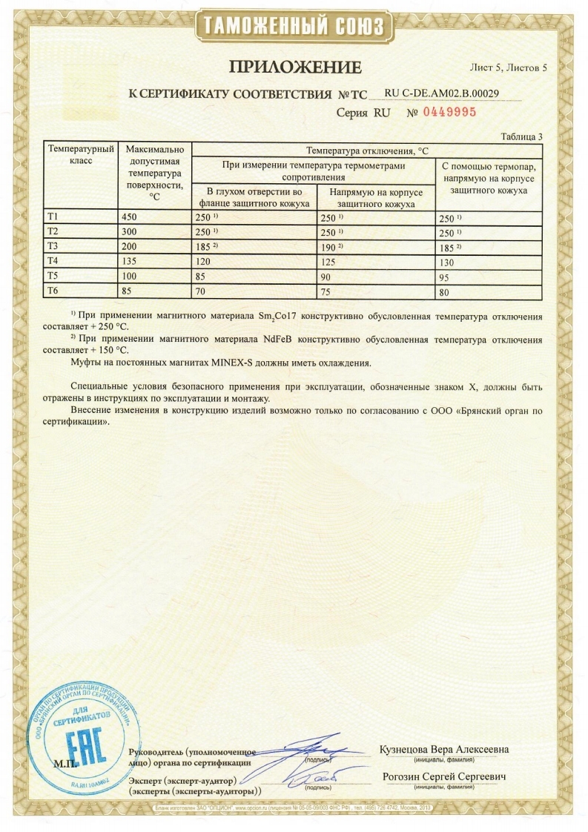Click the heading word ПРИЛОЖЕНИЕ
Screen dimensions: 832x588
coord(294,67)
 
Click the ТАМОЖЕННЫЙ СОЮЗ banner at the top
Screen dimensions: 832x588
coord(294,27)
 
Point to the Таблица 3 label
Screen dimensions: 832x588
coord(522,136)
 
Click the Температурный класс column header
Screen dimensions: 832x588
coord(80,154)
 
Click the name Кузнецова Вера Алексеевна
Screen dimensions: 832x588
coord(443,749)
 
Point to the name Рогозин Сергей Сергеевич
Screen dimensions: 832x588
coord(443,776)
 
